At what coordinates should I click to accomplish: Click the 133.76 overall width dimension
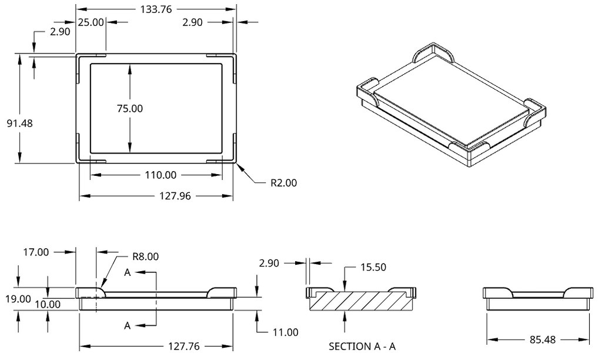156,9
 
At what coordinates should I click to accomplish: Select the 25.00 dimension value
91,22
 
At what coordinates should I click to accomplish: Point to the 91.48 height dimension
20,124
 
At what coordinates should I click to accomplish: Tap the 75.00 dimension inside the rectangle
130,108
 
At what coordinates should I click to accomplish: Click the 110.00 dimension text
160,175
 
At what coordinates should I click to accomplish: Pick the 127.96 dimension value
175,196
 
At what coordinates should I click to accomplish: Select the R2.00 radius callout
284,183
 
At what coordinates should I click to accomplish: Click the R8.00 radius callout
146,256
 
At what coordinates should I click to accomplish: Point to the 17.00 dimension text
36,252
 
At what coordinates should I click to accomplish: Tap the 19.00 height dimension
18,299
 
